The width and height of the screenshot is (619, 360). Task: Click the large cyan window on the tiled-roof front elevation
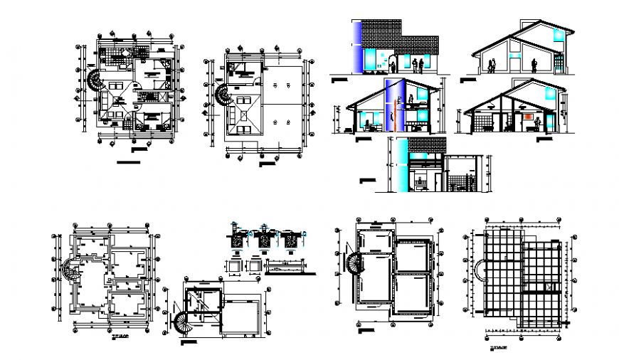pyautogui.click(x=372, y=58)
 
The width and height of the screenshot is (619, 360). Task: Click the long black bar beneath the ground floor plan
pyautogui.click(x=129, y=163)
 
